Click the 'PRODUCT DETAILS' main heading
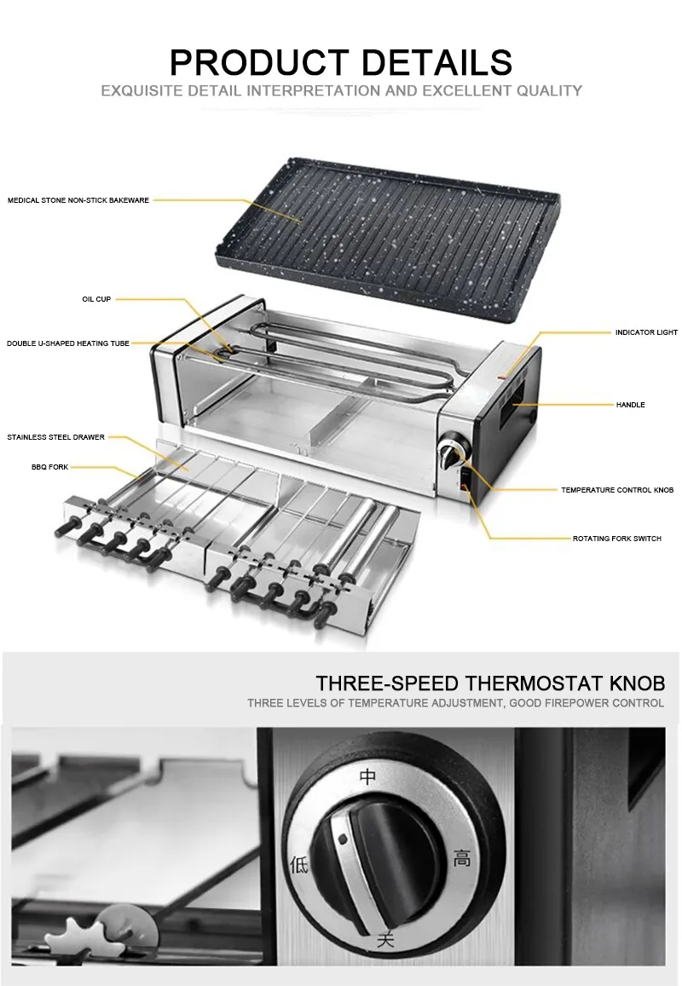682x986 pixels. pos(341,62)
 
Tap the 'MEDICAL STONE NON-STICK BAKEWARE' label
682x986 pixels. pos(78,200)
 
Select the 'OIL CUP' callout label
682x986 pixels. pos(96,299)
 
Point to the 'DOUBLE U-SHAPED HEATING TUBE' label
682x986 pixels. pos(68,343)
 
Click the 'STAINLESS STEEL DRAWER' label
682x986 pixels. pos(56,437)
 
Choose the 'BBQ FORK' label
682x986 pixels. pos(49,467)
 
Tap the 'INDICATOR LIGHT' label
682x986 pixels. pos(646,332)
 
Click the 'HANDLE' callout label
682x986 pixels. pos(630,405)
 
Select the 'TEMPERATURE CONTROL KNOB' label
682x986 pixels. pos(617,490)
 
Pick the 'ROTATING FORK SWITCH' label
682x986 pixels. pos(616,539)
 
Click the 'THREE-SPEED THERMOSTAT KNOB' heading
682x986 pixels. pos(490,683)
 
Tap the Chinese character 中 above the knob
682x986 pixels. pos(368,776)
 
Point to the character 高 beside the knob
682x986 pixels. pos(462,857)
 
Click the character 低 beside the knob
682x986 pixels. pos(299,865)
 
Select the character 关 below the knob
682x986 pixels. pos(385,939)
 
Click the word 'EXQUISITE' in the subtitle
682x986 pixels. pos(138,91)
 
